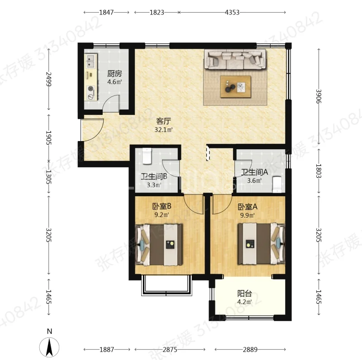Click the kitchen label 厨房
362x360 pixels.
[114, 74]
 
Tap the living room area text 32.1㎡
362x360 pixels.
[164, 129]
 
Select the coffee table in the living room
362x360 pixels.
[235, 86]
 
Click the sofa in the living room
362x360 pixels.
[235, 60]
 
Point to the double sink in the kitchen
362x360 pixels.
[91, 61]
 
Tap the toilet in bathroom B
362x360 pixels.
[147, 156]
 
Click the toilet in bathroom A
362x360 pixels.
[277, 185]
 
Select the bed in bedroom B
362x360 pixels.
[159, 245]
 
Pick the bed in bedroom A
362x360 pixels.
[262, 244]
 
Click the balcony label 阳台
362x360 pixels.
[244, 294]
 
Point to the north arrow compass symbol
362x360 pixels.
[49, 347]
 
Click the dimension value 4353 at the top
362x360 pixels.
[232, 12]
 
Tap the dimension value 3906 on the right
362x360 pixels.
[319, 96]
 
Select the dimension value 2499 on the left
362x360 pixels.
[49, 79]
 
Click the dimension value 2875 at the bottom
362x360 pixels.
[170, 350]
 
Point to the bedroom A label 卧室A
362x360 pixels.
[248, 207]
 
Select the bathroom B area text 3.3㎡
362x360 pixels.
[154, 185]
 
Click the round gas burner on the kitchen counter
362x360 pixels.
[91, 88]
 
